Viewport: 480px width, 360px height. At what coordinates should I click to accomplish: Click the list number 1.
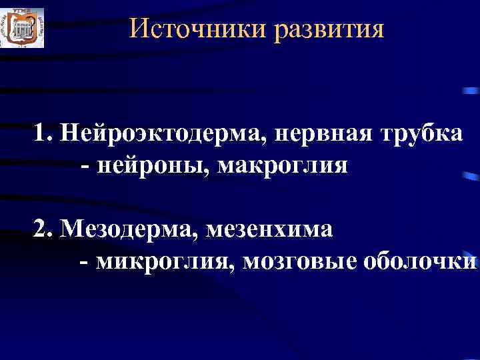41,134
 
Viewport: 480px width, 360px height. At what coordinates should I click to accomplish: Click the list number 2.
41,230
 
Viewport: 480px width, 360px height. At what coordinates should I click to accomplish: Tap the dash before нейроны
85,165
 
